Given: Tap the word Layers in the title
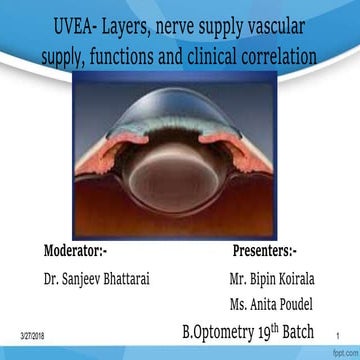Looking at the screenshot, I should click(x=136, y=22).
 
